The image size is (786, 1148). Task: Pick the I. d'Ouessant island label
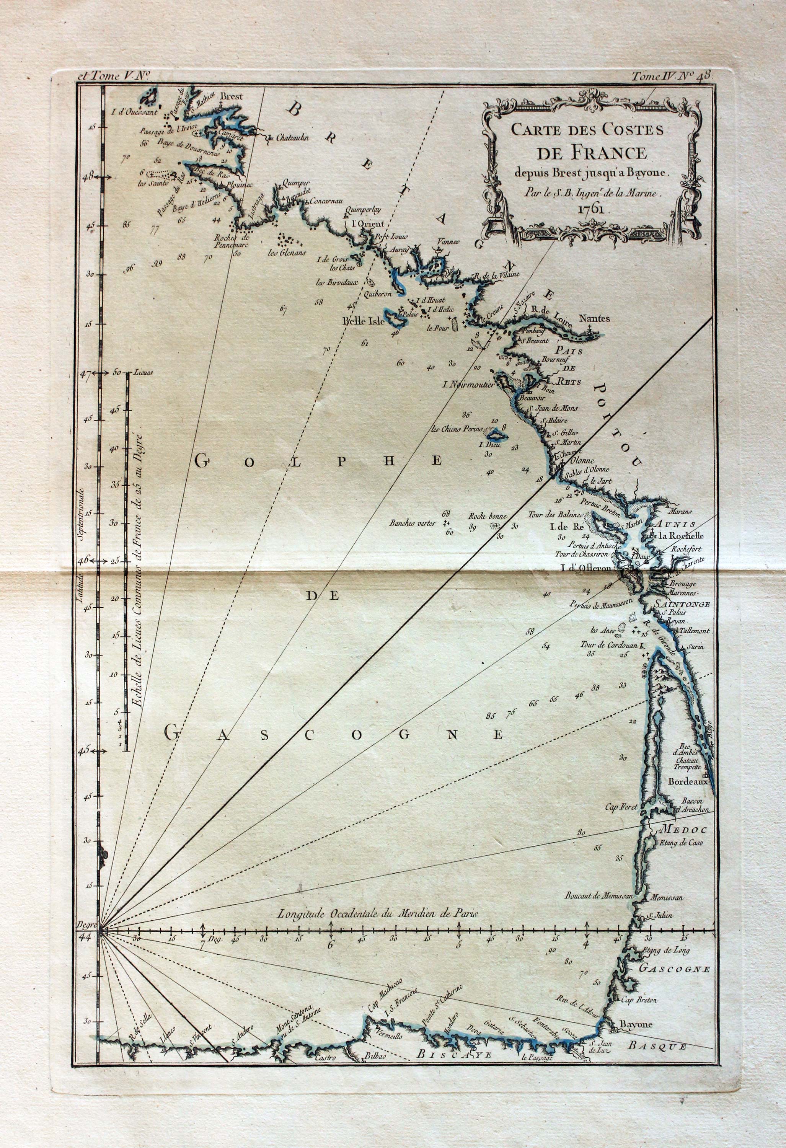(x=134, y=111)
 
